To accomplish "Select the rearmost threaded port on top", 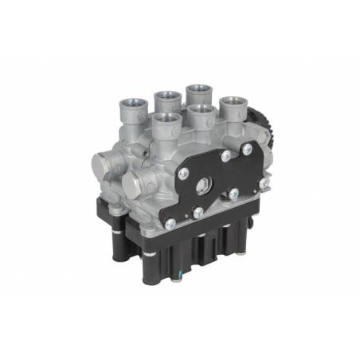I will pos(198,88).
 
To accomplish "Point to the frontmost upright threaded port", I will pos(166,120).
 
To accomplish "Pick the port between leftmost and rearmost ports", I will pos(166,97).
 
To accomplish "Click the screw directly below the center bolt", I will pos(198,213).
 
